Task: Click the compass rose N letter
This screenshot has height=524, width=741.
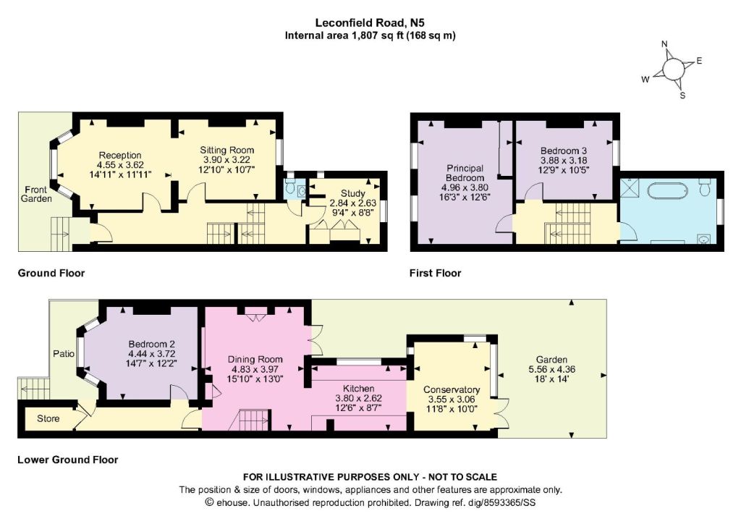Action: pyautogui.click(x=664, y=44)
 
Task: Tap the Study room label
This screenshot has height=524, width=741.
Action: pyautogui.click(x=353, y=193)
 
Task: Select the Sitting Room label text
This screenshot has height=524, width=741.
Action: pyautogui.click(x=226, y=151)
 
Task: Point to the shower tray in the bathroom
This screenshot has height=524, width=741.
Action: pyautogui.click(x=630, y=188)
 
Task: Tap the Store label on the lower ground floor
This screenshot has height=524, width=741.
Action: pyautogui.click(x=48, y=418)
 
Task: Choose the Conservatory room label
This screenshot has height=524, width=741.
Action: pyautogui.click(x=452, y=389)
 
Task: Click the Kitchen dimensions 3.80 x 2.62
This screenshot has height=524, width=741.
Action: pyautogui.click(x=359, y=398)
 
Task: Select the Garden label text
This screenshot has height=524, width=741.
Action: pyautogui.click(x=551, y=360)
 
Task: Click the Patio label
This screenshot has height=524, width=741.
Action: pyautogui.click(x=64, y=353)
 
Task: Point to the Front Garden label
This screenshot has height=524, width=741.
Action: pyautogui.click(x=36, y=194)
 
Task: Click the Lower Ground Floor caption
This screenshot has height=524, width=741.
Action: pyautogui.click(x=67, y=460)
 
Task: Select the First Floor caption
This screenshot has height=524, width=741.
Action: pyautogui.click(x=435, y=273)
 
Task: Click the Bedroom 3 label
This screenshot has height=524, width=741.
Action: pyautogui.click(x=564, y=151)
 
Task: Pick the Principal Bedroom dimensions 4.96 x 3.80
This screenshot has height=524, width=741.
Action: pyautogui.click(x=465, y=187)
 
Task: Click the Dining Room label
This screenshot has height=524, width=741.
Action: pyautogui.click(x=255, y=360)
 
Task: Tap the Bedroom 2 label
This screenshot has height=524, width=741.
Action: pyautogui.click(x=152, y=344)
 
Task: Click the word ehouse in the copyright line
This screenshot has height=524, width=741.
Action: pyautogui.click(x=232, y=503)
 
